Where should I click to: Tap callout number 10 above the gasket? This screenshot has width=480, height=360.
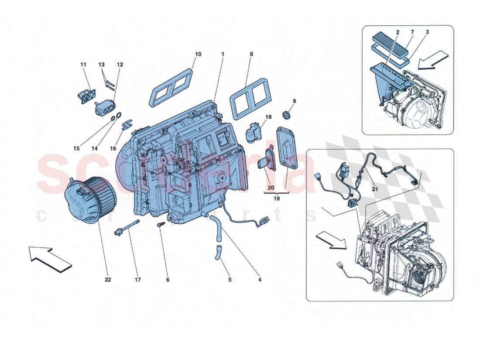[198, 55]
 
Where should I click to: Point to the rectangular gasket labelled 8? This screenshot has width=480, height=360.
[247, 99]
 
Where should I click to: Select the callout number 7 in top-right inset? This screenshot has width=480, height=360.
[412, 32]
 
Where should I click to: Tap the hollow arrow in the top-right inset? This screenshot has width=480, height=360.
[434, 60]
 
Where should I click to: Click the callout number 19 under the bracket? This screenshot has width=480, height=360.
[277, 198]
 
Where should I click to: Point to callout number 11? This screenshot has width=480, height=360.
[83, 65]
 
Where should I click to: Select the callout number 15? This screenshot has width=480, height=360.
[76, 148]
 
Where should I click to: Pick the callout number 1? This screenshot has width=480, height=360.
[223, 55]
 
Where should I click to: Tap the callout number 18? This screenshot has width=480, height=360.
[268, 117]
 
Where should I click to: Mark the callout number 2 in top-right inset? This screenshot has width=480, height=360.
[398, 32]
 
